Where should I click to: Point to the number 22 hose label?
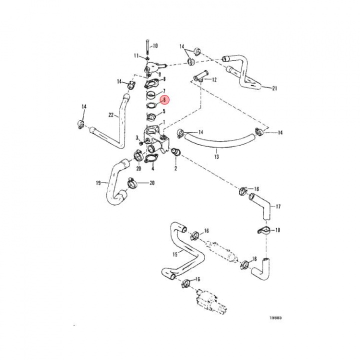[x=110, y=115]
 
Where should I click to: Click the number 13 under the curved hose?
[x=216, y=156]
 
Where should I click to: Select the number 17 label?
[x=278, y=206]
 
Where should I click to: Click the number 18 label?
[x=278, y=230]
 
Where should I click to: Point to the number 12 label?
[x=214, y=79]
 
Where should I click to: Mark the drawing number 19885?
[x=275, y=317]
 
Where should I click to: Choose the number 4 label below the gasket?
[x=152, y=169]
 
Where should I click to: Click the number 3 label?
[x=137, y=137]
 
